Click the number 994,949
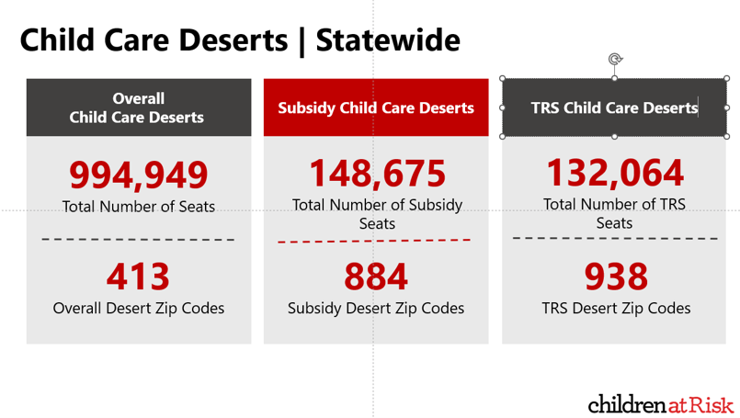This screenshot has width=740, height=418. tap(138, 175)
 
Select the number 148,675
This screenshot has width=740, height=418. tap(377, 173)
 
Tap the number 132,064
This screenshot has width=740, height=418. tap(614, 173)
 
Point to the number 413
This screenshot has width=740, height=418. tap(138, 276)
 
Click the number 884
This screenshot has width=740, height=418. tap(376, 276)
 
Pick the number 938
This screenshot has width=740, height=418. tap(616, 276)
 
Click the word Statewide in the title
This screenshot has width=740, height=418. tap(388, 40)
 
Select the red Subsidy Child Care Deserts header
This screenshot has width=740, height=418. tap(376, 107)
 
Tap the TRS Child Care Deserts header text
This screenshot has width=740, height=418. tap(614, 107)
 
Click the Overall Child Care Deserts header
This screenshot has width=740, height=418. tap(139, 107)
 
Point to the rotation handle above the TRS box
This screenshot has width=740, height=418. tap(614, 60)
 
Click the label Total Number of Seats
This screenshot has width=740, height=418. tap(138, 207)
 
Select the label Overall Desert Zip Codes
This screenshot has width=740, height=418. tap(138, 308)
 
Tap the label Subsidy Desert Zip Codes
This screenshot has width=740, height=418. tap(376, 308)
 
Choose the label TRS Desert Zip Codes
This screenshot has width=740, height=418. tap(616, 308)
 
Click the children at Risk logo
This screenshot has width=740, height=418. tap(661, 404)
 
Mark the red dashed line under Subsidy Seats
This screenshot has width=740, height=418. tap(374, 241)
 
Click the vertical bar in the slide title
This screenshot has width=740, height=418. tap(302, 42)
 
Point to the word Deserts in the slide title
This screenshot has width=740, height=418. tap(233, 40)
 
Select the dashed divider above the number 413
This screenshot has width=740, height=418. tap(138, 240)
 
